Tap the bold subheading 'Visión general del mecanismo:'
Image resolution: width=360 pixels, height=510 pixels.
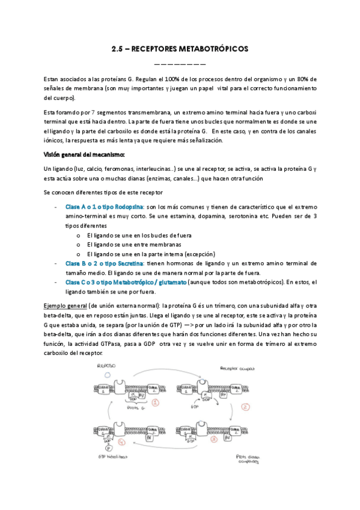point(82,155)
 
